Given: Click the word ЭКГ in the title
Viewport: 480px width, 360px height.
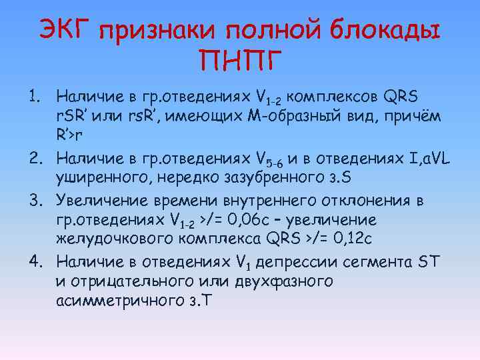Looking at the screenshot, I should tap(65, 28).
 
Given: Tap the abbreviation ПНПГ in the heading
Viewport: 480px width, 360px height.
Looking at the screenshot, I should tap(239, 62).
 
